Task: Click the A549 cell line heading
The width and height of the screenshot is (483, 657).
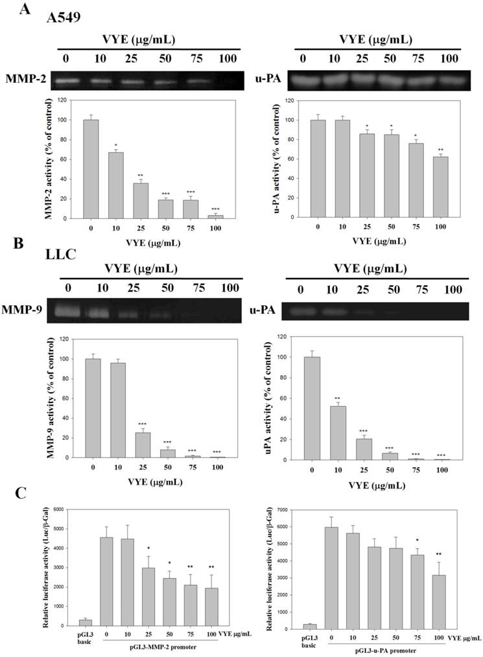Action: [63, 18]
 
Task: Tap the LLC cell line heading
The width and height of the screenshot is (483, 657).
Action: [61, 254]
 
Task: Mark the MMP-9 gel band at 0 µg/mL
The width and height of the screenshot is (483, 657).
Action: [65, 312]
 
